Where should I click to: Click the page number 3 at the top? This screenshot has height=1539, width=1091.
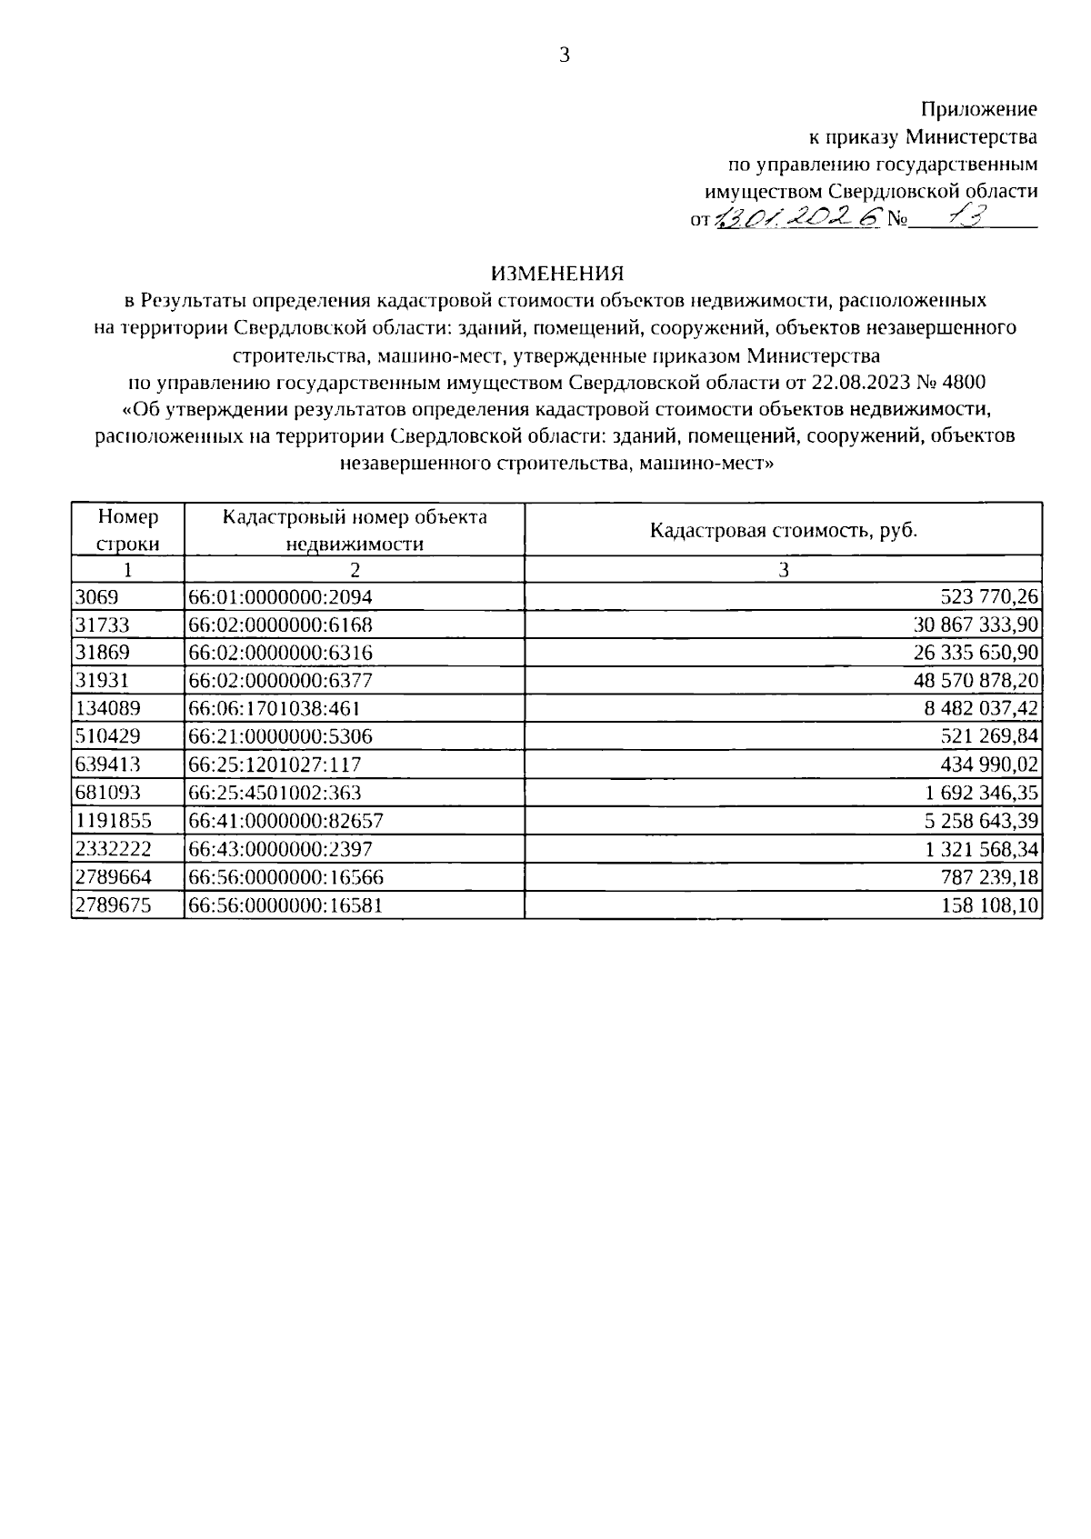pos(564,55)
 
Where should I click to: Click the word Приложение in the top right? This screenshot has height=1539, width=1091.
pos(978,110)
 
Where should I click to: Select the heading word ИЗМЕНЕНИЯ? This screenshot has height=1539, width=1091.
pos(557,272)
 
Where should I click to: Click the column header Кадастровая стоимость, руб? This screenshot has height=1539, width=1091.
pos(783,530)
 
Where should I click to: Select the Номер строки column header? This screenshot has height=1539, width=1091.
pos(128,530)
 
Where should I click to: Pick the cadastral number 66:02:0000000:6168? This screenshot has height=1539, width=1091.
pos(280,625)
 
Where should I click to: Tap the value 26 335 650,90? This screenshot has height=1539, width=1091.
pos(976,654)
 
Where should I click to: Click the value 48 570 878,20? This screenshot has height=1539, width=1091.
pos(976,681)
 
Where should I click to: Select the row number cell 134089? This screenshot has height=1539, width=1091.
pos(101,709)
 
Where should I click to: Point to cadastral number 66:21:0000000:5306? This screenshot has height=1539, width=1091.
pos(280,737)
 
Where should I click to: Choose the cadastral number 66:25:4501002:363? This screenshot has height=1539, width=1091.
pos(275,794)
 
